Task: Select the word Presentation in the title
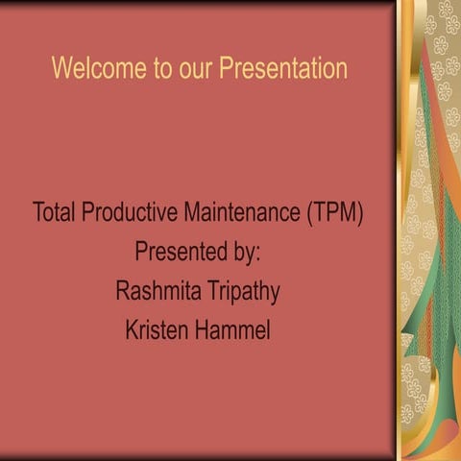(x=281, y=69)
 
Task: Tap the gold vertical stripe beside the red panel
(x=405, y=230)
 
